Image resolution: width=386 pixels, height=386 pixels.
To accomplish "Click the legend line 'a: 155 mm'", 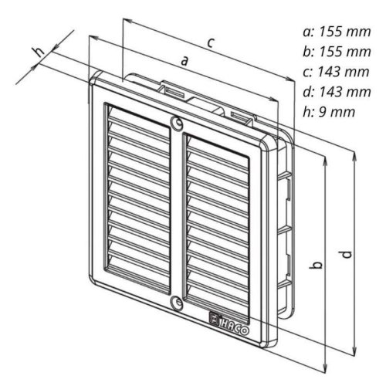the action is (337, 32).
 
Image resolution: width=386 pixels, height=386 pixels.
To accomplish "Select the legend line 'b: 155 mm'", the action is (337, 52).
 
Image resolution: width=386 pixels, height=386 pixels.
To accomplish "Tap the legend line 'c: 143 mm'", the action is (336, 72).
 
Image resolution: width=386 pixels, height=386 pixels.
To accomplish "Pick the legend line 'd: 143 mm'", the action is (337, 92).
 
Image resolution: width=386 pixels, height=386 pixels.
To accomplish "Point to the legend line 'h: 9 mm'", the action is (329, 112).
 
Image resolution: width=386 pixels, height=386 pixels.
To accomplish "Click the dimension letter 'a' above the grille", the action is (185, 61).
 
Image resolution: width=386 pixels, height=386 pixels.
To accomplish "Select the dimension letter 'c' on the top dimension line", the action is (211, 42).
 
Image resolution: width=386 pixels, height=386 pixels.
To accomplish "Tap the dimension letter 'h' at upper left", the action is (40, 52).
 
